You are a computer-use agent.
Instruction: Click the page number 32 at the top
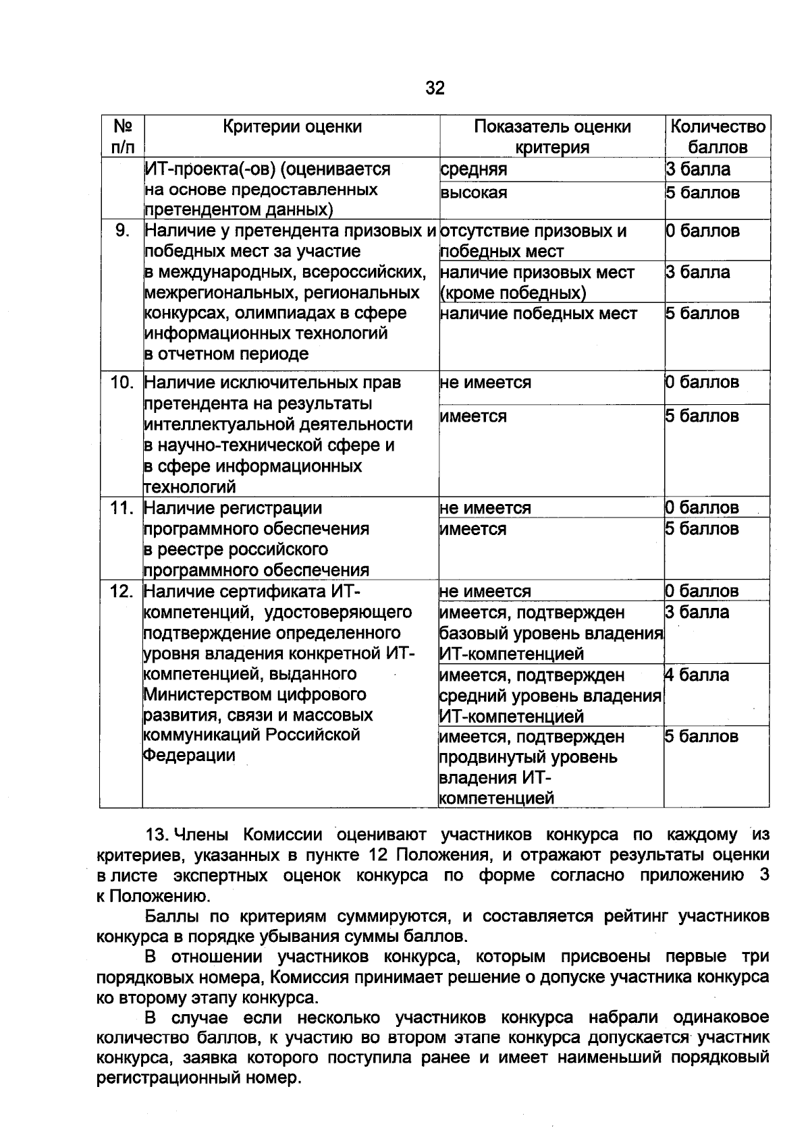(x=435, y=88)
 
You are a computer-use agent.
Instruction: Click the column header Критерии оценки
(x=292, y=126)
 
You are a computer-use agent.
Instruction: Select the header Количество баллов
(x=718, y=136)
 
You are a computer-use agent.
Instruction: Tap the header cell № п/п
(x=122, y=136)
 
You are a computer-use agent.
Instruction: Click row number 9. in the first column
(x=122, y=231)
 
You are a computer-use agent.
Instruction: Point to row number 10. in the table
(x=122, y=383)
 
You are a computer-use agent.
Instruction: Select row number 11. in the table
(x=122, y=507)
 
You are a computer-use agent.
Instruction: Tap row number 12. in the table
(x=122, y=591)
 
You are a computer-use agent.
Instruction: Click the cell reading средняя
(x=473, y=169)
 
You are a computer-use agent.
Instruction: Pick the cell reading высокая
(x=473, y=193)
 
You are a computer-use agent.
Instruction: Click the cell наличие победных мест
(x=538, y=313)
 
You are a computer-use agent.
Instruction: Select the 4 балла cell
(x=697, y=675)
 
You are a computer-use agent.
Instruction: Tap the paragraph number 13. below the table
(x=157, y=835)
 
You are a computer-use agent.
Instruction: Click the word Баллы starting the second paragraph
(x=167, y=916)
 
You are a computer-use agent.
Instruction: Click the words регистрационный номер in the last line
(x=197, y=1078)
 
